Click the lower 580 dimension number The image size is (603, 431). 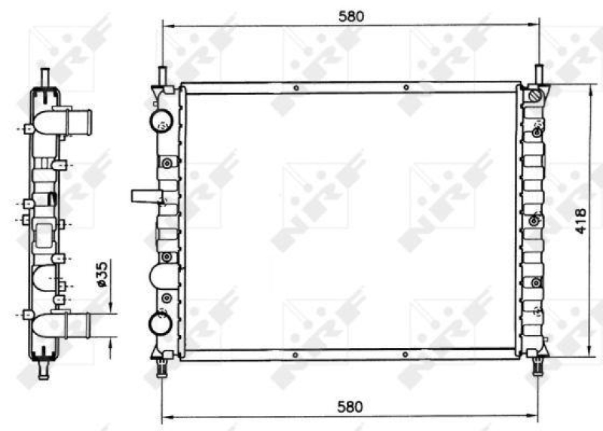tap(350, 406)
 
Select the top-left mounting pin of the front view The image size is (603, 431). tap(162, 75)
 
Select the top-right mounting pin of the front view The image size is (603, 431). tap(539, 75)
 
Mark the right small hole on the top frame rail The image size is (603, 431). tap(406, 88)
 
